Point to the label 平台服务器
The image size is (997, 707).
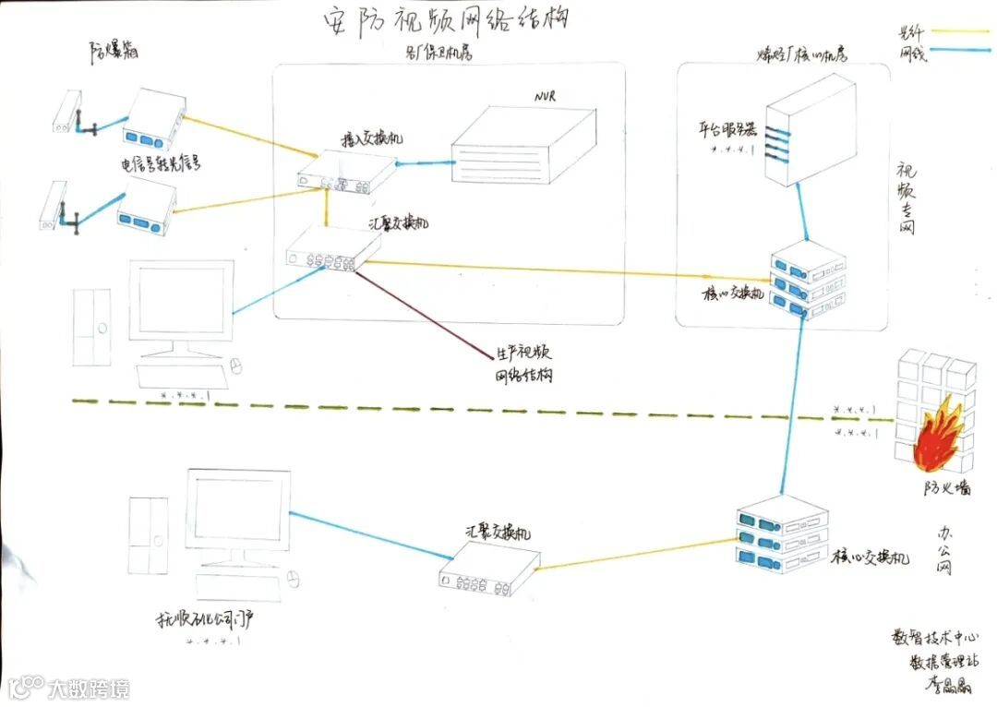[728, 129]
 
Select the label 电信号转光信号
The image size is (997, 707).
[162, 164]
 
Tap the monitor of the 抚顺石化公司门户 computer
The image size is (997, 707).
[239, 510]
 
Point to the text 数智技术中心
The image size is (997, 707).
[934, 638]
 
